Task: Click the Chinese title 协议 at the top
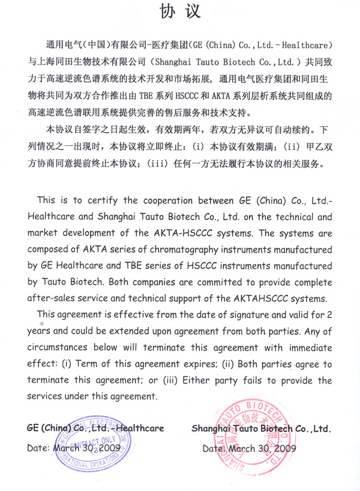click(x=180, y=11)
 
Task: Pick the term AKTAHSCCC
click(x=269, y=298)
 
